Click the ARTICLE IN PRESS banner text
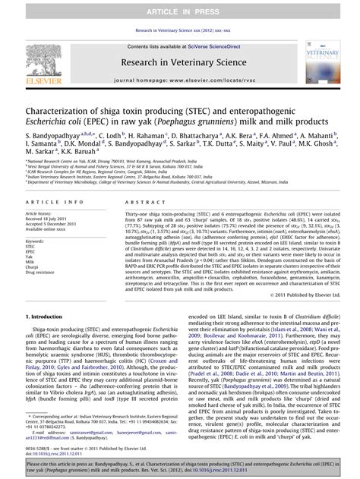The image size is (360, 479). pos(179,10)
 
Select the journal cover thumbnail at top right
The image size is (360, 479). pos(321,64)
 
